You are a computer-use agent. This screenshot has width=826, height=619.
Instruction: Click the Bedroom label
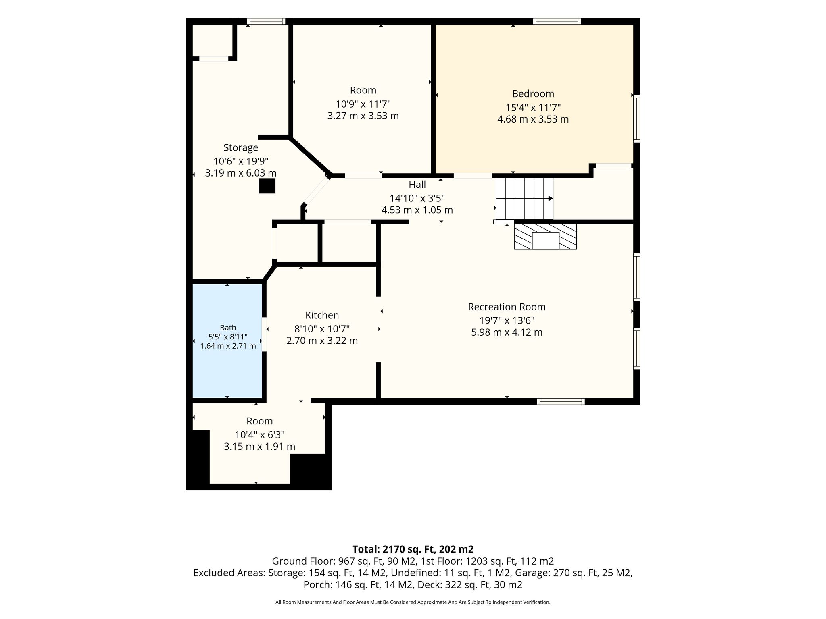pyautogui.click(x=533, y=94)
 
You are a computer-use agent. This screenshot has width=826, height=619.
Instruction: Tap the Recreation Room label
pyautogui.click(x=507, y=307)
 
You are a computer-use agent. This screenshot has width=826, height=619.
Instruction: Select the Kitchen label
pyautogui.click(x=322, y=315)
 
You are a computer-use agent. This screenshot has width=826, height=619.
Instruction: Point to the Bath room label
pyautogui.click(x=228, y=328)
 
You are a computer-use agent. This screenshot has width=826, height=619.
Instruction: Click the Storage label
pyautogui.click(x=241, y=148)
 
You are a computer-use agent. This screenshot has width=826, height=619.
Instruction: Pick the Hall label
pyautogui.click(x=417, y=185)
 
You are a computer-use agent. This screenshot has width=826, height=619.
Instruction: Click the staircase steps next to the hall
pyautogui.click(x=524, y=198)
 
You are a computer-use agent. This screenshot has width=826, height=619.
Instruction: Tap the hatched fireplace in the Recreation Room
pyautogui.click(x=545, y=237)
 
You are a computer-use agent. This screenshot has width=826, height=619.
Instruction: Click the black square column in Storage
pyautogui.click(x=267, y=186)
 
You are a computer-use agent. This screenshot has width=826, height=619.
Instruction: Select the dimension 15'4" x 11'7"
pyautogui.click(x=533, y=108)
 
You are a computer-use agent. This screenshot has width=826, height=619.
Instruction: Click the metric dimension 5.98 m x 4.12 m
pyautogui.click(x=507, y=332)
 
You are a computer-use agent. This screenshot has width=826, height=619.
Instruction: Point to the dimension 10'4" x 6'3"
pyautogui.click(x=260, y=435)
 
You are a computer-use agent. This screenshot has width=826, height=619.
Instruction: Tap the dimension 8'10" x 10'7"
pyautogui.click(x=322, y=329)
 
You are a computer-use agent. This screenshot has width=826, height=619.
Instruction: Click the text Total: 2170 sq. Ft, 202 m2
pyautogui.click(x=413, y=549)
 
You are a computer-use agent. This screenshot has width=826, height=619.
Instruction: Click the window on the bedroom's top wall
pyautogui.click(x=557, y=21)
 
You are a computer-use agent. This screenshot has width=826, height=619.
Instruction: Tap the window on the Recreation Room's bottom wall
pyautogui.click(x=561, y=401)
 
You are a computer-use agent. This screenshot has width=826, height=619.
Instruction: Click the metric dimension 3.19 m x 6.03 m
pyautogui.click(x=241, y=173)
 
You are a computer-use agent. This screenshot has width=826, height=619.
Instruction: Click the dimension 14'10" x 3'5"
pyautogui.click(x=417, y=198)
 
